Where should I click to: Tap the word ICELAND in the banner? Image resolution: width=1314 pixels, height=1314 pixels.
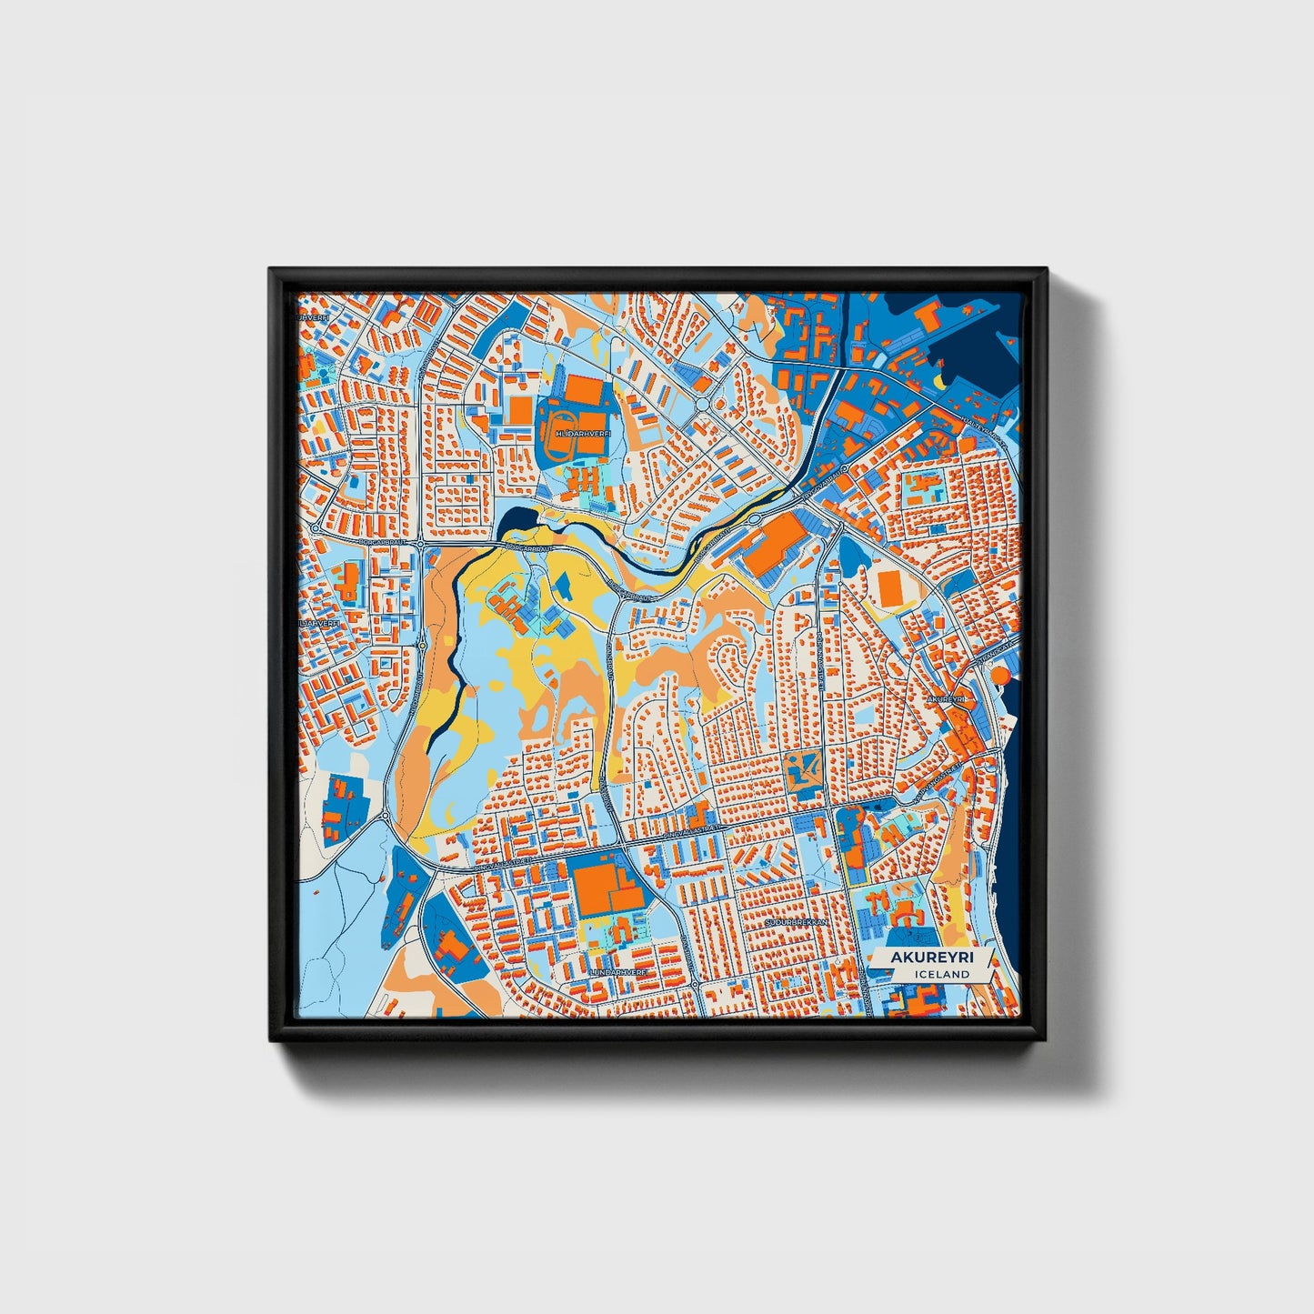point(942,974)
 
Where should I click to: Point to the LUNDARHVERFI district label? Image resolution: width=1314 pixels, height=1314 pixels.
point(619,971)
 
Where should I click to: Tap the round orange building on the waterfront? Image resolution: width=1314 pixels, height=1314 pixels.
point(999,676)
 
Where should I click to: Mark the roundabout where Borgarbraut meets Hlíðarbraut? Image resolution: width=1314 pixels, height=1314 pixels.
point(423,544)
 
